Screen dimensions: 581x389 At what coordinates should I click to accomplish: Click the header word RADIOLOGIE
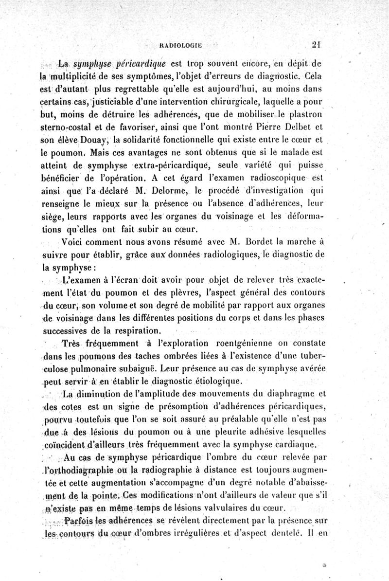[180, 47]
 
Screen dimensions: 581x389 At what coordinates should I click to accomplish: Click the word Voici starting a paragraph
[75, 241]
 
